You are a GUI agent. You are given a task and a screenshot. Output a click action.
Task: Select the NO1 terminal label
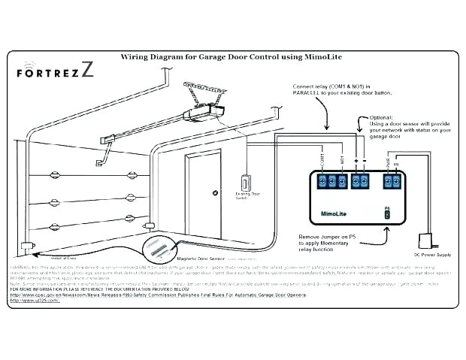click(342, 159)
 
